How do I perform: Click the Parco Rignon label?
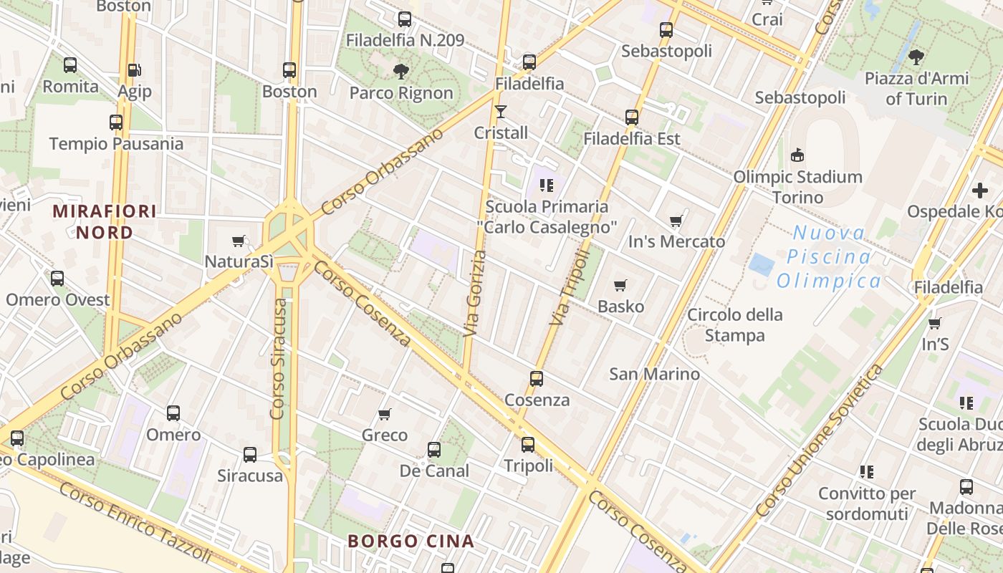[401, 93]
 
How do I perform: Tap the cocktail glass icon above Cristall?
[501, 111]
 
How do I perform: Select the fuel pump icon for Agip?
[133, 70]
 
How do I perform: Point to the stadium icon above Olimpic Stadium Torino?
[797, 155]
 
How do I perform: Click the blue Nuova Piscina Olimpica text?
[829, 256]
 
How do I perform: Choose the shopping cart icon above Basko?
[620, 286]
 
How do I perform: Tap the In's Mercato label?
[676, 242]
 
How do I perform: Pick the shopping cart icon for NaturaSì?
[239, 241]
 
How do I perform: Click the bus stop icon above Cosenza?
[537, 379]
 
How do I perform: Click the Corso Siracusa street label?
[279, 358]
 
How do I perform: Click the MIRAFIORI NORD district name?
[105, 222]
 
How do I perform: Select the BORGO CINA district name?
[411, 541]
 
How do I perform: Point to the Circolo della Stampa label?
[735, 325]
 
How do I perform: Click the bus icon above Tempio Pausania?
[116, 122]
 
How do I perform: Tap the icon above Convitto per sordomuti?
[867, 472]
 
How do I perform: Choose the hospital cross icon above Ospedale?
[979, 191]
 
